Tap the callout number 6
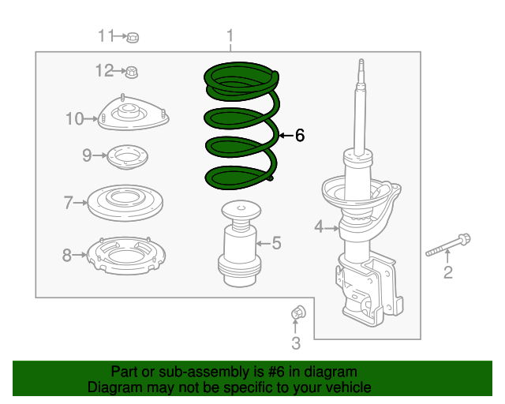coord(300,135)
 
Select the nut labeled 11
coord(133,38)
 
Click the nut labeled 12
coord(132,72)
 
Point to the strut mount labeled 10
coord(133,114)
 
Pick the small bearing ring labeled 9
coord(127,157)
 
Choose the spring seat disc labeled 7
coord(125,203)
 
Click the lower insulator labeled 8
coord(126,256)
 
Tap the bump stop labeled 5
coord(240,244)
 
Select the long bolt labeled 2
coord(448,245)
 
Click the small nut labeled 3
coord(298,312)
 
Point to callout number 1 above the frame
coord(230,36)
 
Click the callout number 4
coord(319,226)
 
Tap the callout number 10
coord(75,118)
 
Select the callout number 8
coord(66,255)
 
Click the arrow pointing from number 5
coord(263,243)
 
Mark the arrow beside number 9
coord(100,155)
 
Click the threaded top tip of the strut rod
coord(361,62)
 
